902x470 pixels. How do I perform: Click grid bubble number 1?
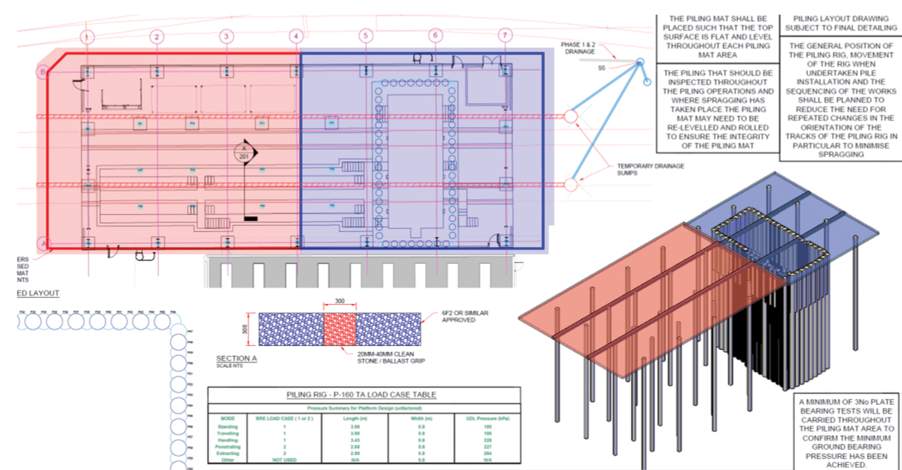click(x=87, y=36)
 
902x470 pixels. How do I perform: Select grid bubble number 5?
click(x=366, y=36)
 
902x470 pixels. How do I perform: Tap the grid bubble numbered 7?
click(x=505, y=35)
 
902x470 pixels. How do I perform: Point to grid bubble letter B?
click(x=43, y=72)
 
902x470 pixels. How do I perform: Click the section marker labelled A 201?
click(x=244, y=153)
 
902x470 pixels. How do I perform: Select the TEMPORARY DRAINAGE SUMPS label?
click(x=650, y=169)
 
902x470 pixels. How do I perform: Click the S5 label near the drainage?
click(x=601, y=68)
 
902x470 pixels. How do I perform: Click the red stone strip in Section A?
click(x=340, y=329)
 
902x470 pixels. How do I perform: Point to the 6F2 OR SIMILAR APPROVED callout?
click(x=465, y=316)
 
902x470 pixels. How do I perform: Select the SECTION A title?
click(x=236, y=359)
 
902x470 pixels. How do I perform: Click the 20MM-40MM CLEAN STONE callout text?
click(x=391, y=357)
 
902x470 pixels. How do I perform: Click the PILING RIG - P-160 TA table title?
click(x=361, y=395)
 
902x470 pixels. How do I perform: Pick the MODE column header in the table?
click(x=228, y=418)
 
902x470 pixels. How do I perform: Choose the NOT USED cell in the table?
click(x=284, y=460)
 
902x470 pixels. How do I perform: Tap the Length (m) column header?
click(x=355, y=418)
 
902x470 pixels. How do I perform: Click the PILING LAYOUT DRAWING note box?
click(x=841, y=23)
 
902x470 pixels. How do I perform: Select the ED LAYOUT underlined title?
click(x=38, y=293)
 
